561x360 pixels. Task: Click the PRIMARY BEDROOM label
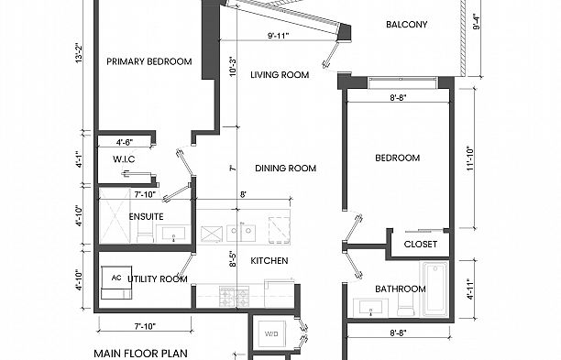[148, 62]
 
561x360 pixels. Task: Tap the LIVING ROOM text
[280, 75]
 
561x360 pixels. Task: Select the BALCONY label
[407, 25]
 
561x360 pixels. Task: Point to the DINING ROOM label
[285, 169]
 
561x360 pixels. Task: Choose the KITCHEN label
[269, 261]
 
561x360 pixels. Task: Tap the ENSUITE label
[146, 217]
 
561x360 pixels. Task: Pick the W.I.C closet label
[125, 159]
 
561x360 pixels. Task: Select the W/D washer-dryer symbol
[272, 334]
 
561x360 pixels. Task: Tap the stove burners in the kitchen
[228, 296]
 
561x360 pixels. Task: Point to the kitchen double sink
[247, 229]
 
